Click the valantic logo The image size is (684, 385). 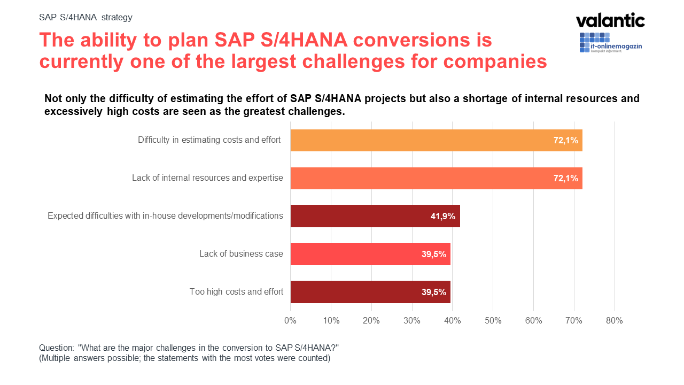610,20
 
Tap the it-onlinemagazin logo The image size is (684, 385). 610,43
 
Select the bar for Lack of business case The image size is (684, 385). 370,254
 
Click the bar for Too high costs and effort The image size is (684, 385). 370,292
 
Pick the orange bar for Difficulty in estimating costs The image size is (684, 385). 436,140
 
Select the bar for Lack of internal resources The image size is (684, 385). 436,178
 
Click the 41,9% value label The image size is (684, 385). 442,217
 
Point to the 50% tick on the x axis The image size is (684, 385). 493,321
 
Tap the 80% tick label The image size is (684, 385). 615,321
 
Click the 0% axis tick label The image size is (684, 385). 290,321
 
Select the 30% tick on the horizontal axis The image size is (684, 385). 411,321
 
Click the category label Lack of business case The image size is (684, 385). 241,254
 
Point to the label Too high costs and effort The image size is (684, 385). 236,292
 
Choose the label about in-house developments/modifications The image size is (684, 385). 165,216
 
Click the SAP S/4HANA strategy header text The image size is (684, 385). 85,17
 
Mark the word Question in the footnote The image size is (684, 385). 56,347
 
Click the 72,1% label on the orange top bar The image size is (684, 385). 565,141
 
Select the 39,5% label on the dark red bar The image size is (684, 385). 433,292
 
